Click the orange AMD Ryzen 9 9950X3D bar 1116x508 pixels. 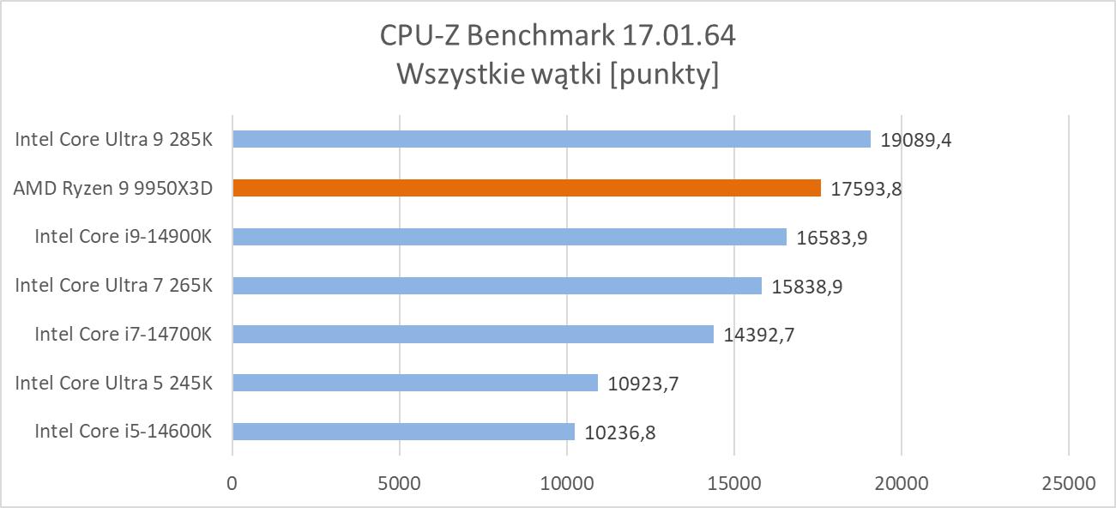tap(526, 188)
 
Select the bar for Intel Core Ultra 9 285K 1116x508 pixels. tap(551, 139)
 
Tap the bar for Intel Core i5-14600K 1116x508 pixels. tap(403, 432)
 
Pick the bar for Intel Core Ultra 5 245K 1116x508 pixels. tap(414, 383)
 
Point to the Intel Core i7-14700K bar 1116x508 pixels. tap(473, 335)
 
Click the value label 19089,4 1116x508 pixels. tap(916, 140)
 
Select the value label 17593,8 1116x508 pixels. tap(866, 189)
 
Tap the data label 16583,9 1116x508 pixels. tap(832, 238)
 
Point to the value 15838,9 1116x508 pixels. tap(807, 287)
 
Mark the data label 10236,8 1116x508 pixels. tap(620, 432)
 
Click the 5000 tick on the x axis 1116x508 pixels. tap(399, 483)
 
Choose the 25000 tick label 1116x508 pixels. tap(1068, 483)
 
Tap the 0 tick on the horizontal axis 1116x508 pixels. tap(232, 483)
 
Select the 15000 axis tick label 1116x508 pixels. tap(733, 483)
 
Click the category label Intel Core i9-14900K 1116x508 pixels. tap(123, 237)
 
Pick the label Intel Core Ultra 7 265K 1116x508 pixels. tap(113, 286)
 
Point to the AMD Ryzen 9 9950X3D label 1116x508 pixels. tap(112, 188)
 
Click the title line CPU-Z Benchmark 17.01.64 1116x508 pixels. tap(558, 36)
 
